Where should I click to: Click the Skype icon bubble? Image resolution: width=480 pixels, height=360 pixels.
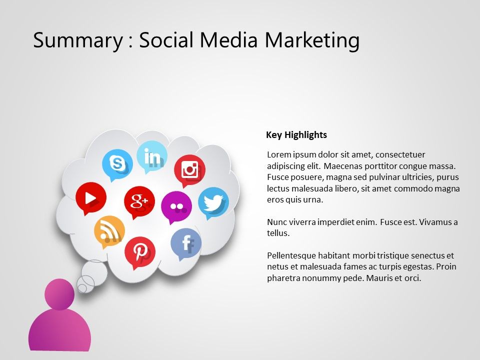pos(117,164)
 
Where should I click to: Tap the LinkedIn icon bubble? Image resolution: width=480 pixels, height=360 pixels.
pos(152,156)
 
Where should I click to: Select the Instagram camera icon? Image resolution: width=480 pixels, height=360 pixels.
pos(189,170)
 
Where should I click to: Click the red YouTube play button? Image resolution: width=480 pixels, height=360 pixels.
pos(91,198)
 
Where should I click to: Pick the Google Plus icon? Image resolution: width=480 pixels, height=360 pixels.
pos(139,202)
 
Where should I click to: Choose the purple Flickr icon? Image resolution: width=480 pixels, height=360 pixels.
pos(176,207)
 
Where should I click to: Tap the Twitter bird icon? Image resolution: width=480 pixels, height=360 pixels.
pos(213,203)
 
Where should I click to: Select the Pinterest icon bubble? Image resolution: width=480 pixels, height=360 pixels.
pos(140,252)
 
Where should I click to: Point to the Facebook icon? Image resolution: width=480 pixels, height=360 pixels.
pos(186,244)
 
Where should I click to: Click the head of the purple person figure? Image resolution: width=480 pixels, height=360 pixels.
pos(59,294)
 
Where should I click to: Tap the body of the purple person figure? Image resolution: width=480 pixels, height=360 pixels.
pos(59,329)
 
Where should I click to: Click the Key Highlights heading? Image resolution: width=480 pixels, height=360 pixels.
pos(296,135)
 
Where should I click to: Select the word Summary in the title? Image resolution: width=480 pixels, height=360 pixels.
pos(78,40)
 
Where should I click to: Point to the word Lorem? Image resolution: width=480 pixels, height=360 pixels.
pos(279,154)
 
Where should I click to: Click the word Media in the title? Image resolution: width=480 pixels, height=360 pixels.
pos(228,40)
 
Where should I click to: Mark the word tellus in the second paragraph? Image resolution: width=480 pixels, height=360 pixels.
pos(278,233)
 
